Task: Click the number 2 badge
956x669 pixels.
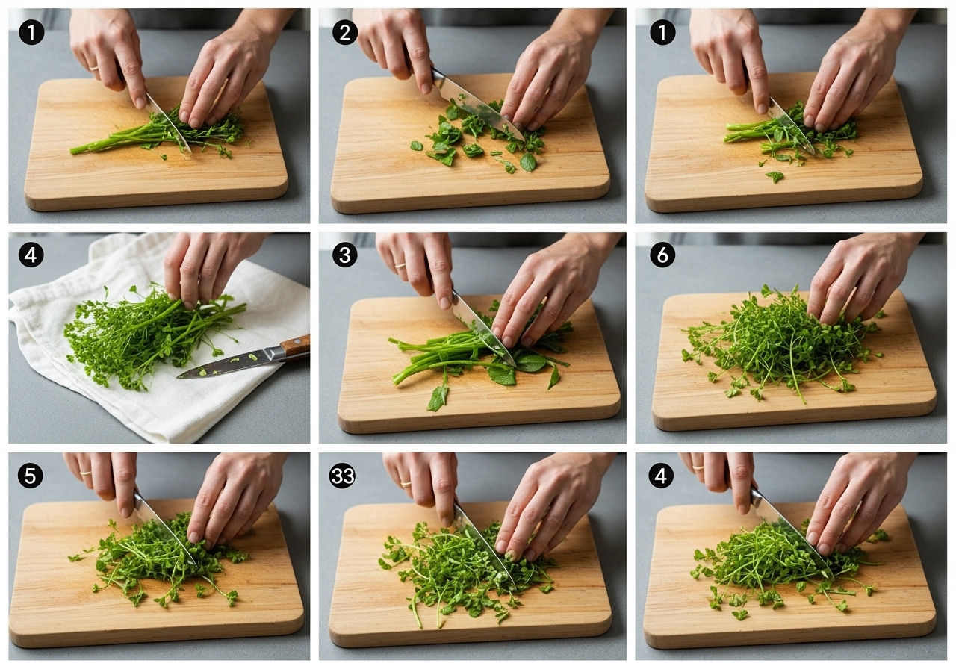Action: click(345, 32)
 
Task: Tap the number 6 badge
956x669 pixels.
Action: click(662, 255)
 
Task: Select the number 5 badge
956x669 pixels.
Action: click(31, 476)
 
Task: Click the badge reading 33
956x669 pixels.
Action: click(342, 476)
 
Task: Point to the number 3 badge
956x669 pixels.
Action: click(345, 255)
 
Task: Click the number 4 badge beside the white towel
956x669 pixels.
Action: click(31, 255)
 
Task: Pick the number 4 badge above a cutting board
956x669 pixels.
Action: click(661, 476)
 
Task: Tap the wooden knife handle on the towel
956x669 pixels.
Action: click(295, 346)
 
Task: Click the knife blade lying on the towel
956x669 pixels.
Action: click(231, 364)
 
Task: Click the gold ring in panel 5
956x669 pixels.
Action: click(85, 473)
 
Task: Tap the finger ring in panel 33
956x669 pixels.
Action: click(406, 484)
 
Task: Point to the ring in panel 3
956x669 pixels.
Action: click(400, 265)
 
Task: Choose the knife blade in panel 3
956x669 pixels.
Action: click(483, 328)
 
